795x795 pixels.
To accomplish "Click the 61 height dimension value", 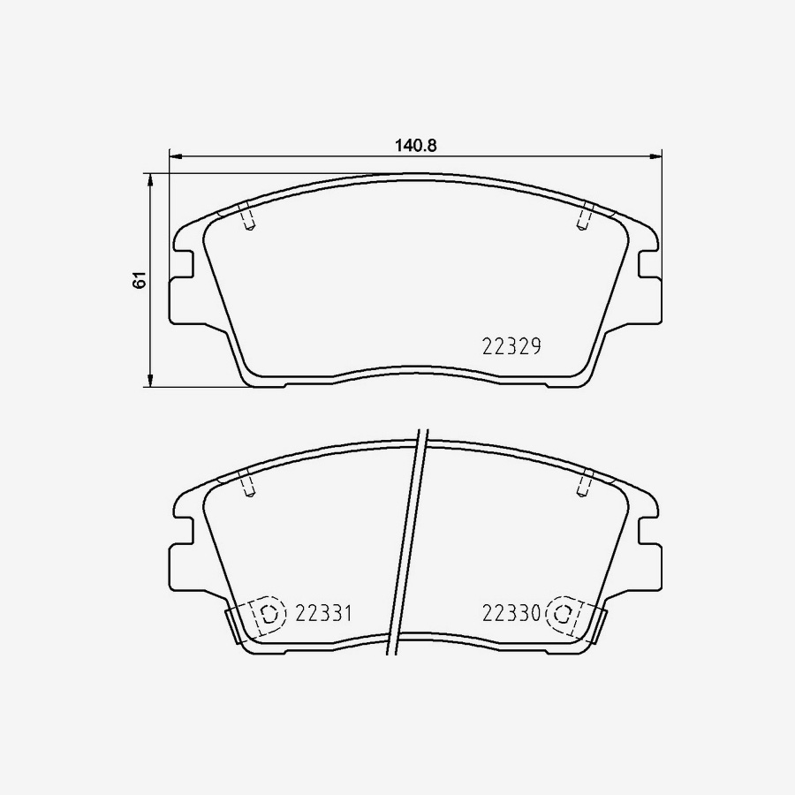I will pos(138,281).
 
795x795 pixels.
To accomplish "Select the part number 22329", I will pos(511,347).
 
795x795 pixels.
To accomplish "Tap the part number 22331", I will pos(324,612).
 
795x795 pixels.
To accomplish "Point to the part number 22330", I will pos(511,612).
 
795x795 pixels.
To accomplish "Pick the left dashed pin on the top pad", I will pos(248,217).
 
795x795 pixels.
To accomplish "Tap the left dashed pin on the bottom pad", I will pos(248,485).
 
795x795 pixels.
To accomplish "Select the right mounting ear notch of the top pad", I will pos(647,264).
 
